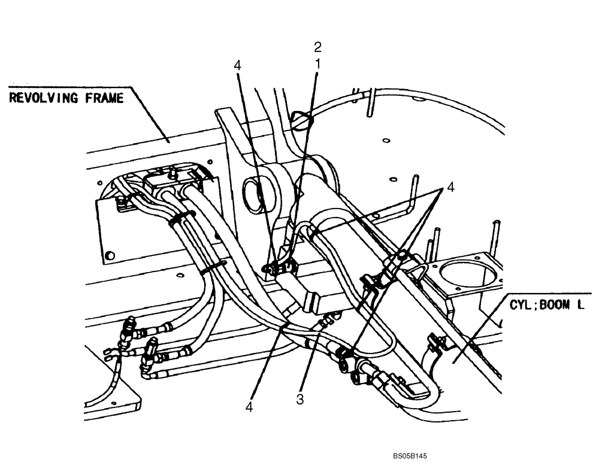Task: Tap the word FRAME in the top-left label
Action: [102, 98]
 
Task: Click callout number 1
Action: [318, 62]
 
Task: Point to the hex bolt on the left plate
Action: [109, 256]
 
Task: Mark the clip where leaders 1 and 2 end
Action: [276, 267]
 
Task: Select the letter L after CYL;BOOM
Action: [580, 304]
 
